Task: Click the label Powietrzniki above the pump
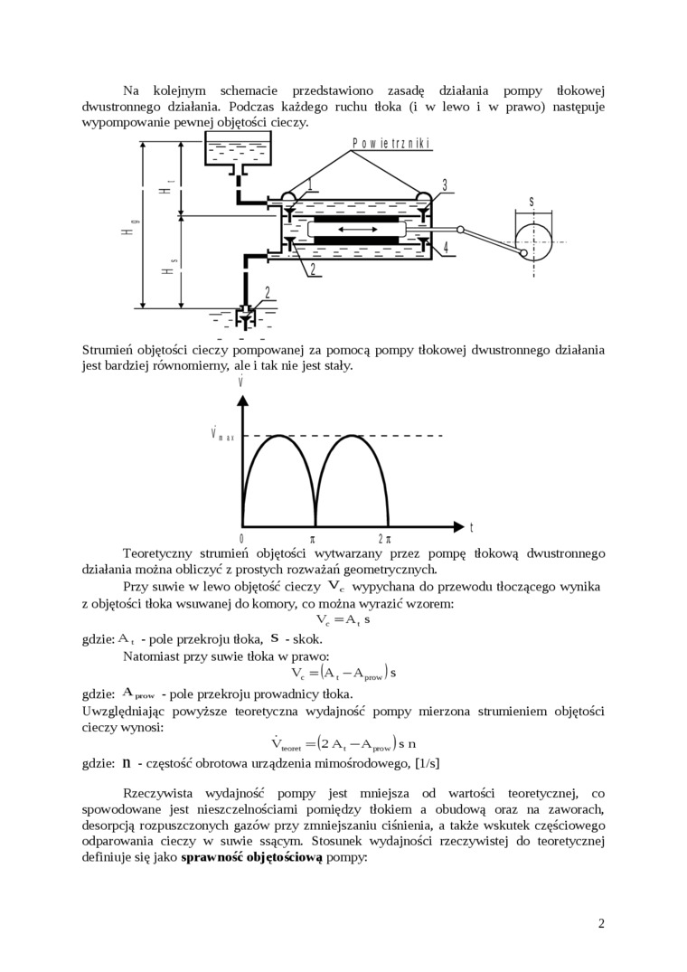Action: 391,144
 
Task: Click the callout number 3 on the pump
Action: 445,185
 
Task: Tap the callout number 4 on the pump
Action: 445,247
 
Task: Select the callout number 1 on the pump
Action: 309,184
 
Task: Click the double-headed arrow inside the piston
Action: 355,231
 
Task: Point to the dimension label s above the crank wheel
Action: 532,203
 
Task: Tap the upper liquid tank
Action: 239,151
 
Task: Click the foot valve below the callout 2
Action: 244,317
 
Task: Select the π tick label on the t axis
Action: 314,537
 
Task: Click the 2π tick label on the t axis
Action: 386,537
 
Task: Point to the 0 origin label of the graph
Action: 241,537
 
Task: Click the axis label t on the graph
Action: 472,527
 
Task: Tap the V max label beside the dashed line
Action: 221,434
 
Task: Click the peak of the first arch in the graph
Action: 278,436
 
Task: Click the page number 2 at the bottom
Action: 601,923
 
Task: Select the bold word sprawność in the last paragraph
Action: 215,857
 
